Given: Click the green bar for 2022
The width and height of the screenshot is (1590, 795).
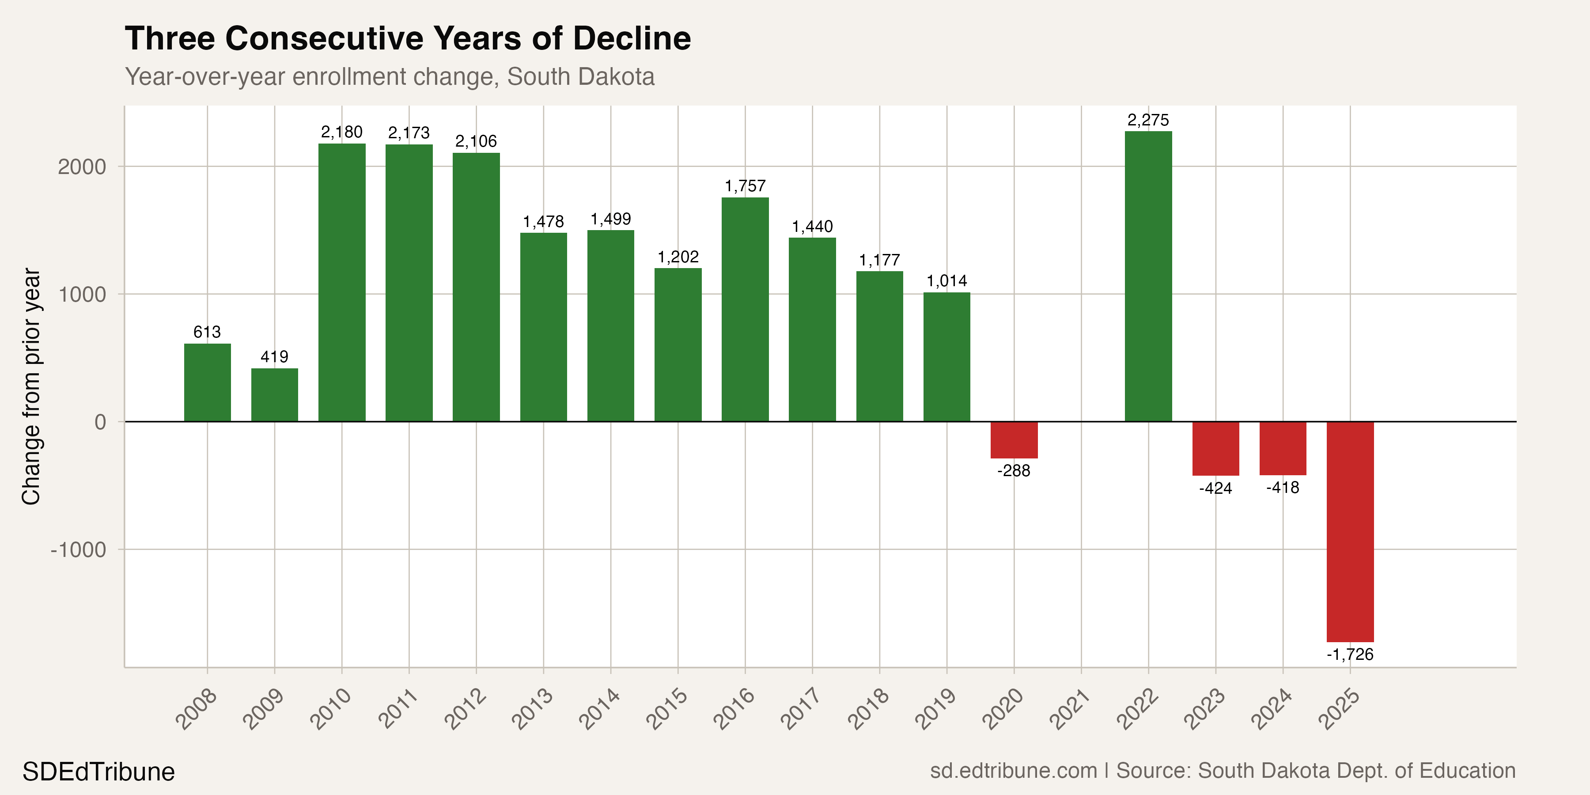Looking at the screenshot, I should [x=1148, y=276].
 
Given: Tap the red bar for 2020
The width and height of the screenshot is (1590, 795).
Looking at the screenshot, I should [x=1014, y=440].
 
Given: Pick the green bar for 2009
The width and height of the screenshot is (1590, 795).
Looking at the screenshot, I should [x=275, y=395].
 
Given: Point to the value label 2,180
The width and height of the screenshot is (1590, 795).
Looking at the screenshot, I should [x=341, y=132].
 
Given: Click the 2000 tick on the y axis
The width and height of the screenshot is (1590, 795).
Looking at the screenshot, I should [x=82, y=167].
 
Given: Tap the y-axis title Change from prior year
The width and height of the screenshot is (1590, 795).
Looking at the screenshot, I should [x=31, y=386].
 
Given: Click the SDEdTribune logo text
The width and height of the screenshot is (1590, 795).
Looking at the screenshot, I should [x=99, y=772].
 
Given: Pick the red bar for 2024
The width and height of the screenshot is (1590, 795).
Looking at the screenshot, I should [x=1283, y=449].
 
